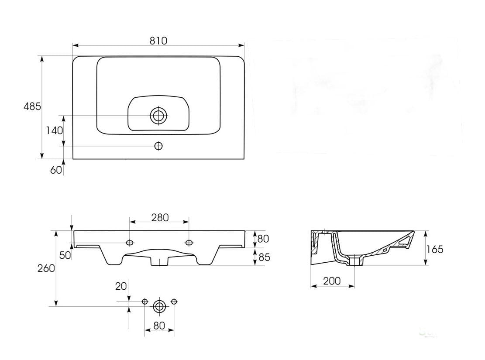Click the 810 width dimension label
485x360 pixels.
158,41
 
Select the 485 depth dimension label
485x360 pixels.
32,106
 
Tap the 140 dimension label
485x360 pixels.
55,130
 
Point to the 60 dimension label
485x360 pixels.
56,170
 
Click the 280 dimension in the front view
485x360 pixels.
160,218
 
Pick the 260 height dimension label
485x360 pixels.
46,268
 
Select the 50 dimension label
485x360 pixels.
65,255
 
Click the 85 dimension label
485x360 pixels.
264,257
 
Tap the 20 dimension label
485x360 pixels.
121,286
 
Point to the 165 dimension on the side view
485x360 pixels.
435,249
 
